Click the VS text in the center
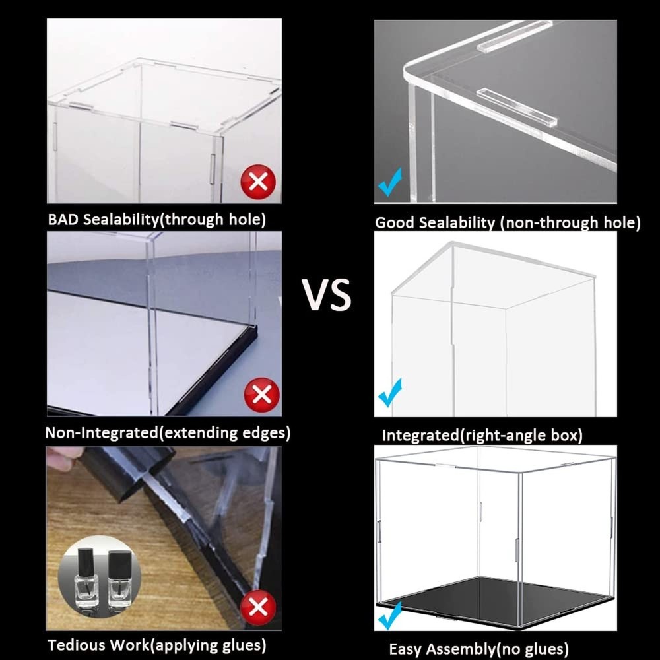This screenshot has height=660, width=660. click(x=327, y=294)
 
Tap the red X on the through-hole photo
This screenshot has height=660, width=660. click(x=258, y=180)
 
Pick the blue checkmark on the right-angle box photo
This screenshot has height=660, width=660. click(x=390, y=393)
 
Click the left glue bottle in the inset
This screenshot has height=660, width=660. click(x=86, y=581)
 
